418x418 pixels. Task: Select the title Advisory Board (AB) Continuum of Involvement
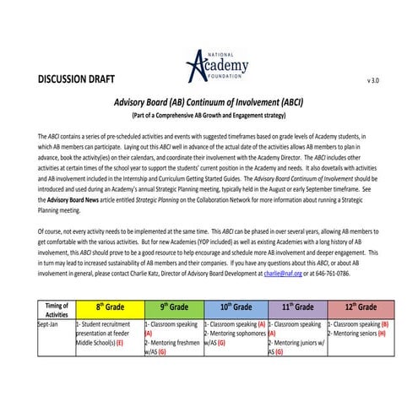click(209, 102)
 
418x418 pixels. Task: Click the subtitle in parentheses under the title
click(209, 115)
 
